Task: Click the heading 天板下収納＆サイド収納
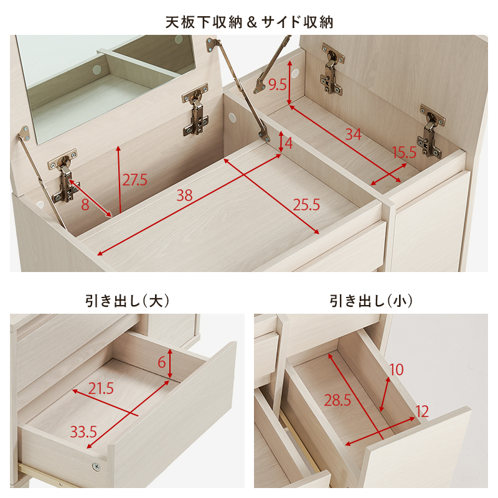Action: (249, 22)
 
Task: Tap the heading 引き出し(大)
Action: (127, 301)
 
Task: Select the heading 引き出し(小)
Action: (371, 301)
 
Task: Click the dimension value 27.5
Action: (134, 181)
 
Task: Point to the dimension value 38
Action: (184, 195)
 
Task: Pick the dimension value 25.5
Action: (306, 204)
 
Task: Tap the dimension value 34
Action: (353, 134)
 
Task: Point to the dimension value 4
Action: (288, 143)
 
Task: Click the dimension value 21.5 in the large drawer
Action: (101, 389)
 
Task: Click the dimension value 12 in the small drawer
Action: (423, 411)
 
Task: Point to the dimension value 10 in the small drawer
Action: (396, 370)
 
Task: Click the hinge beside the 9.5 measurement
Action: (332, 72)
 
